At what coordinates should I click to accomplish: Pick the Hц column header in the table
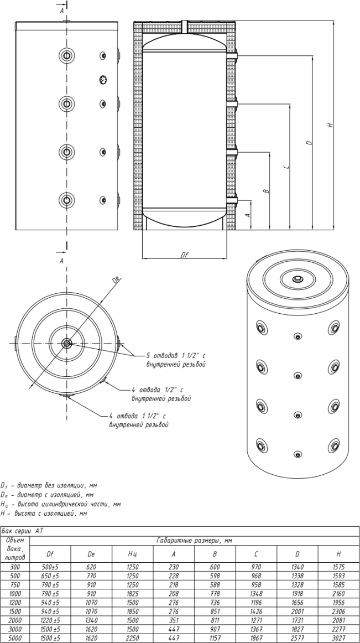132,553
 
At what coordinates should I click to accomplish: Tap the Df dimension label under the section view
185,255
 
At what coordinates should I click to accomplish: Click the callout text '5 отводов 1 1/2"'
176,355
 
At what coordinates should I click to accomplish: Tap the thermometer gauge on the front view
102,79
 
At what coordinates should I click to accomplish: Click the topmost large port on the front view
66,55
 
